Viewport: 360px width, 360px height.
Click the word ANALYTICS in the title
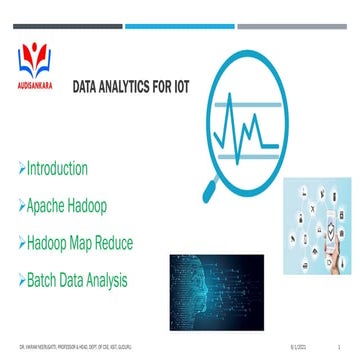(x=131, y=87)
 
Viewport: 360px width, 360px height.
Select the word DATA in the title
(x=89, y=87)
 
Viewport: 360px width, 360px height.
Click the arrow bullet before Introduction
(x=22, y=169)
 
